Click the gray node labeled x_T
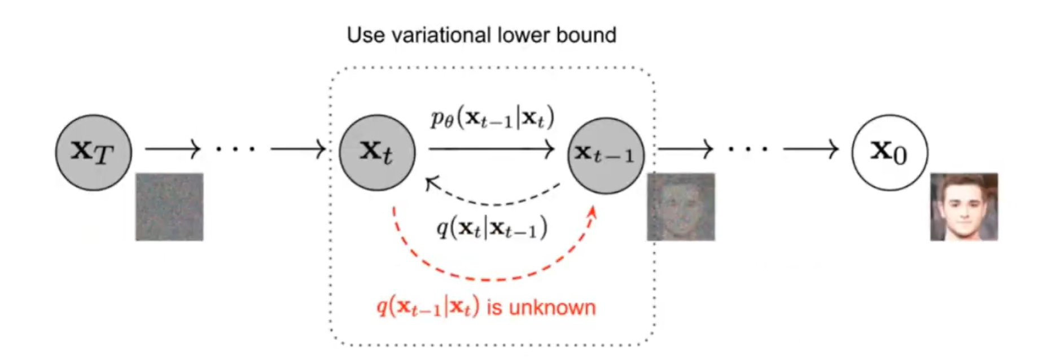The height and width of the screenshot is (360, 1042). pyautogui.click(x=94, y=152)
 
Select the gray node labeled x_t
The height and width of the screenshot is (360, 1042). pyautogui.click(x=377, y=152)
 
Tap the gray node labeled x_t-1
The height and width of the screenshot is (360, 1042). pyautogui.click(x=605, y=155)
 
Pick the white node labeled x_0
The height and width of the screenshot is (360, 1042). pyautogui.click(x=889, y=152)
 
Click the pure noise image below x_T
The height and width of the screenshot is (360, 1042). pyautogui.click(x=169, y=207)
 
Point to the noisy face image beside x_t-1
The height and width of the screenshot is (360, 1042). pyautogui.click(x=681, y=207)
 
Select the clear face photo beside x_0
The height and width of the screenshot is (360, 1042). pyautogui.click(x=964, y=207)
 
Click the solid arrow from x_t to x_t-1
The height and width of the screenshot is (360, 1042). pyautogui.click(x=491, y=150)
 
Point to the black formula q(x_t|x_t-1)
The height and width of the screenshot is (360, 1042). pyautogui.click(x=491, y=228)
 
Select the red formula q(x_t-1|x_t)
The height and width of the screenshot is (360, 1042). pyautogui.click(x=428, y=307)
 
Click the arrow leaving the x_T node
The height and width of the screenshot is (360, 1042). pyautogui.click(x=172, y=149)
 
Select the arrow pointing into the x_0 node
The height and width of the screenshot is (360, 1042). pyautogui.click(x=811, y=149)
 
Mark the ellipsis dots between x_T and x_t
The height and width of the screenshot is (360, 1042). pyautogui.click(x=235, y=150)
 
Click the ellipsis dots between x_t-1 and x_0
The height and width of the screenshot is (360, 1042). pyautogui.click(x=748, y=150)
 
